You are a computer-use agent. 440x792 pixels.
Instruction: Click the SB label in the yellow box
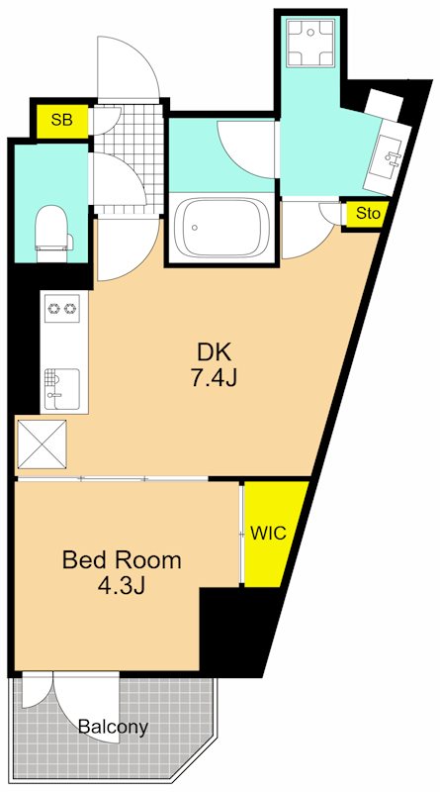coord(62,120)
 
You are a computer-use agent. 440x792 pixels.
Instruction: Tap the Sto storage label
coord(368,213)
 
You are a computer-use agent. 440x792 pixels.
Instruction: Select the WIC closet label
coord(268,533)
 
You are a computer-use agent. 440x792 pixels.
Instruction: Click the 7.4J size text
coord(214,378)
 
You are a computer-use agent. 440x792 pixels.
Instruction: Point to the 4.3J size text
coord(121,586)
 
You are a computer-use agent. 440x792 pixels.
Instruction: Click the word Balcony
coord(114,728)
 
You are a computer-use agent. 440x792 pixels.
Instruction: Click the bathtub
coord(221,228)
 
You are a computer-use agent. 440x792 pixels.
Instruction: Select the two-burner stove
coord(62,308)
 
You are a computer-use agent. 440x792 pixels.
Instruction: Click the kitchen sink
coord(61,388)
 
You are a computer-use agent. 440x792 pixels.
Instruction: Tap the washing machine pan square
coord(310,43)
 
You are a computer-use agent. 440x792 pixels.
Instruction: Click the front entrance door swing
coord(129,67)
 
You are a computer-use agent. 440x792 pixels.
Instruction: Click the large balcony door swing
coord(86,706)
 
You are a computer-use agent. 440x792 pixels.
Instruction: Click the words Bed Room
coord(121,560)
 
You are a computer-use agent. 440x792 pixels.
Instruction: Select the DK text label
coord(214,352)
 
